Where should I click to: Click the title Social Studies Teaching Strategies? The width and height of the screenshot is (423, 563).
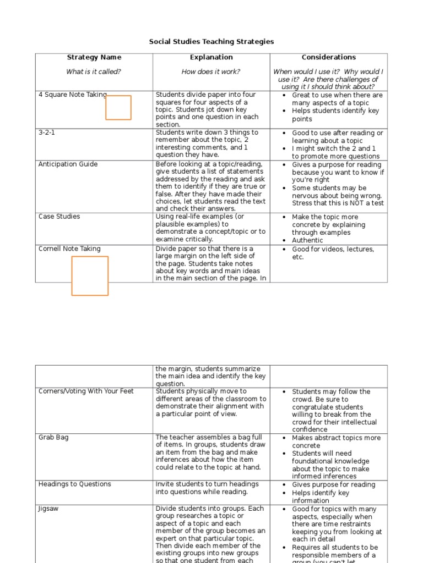[211, 42]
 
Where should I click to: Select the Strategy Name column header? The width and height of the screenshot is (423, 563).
[94, 57]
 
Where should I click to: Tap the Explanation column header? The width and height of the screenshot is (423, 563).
[211, 57]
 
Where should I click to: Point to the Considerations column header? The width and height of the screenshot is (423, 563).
[328, 57]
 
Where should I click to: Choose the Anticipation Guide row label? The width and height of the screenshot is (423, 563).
[68, 164]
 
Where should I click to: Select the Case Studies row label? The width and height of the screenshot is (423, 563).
[59, 217]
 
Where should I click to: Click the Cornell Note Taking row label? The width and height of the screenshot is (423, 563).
[69, 249]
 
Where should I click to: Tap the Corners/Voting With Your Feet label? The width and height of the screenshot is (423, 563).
[86, 391]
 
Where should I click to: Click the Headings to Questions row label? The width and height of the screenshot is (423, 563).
[74, 484]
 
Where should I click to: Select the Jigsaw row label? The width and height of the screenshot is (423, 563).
[48, 509]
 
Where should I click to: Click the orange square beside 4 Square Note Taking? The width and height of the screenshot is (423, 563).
[118, 108]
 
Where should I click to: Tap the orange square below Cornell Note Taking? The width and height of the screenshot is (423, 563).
[90, 276]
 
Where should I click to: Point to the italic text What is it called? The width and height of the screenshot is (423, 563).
[94, 71]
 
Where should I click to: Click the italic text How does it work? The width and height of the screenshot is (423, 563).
[211, 71]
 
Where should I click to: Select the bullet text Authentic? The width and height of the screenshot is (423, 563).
[307, 240]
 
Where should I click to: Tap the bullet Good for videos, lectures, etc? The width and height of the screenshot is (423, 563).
[333, 253]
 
